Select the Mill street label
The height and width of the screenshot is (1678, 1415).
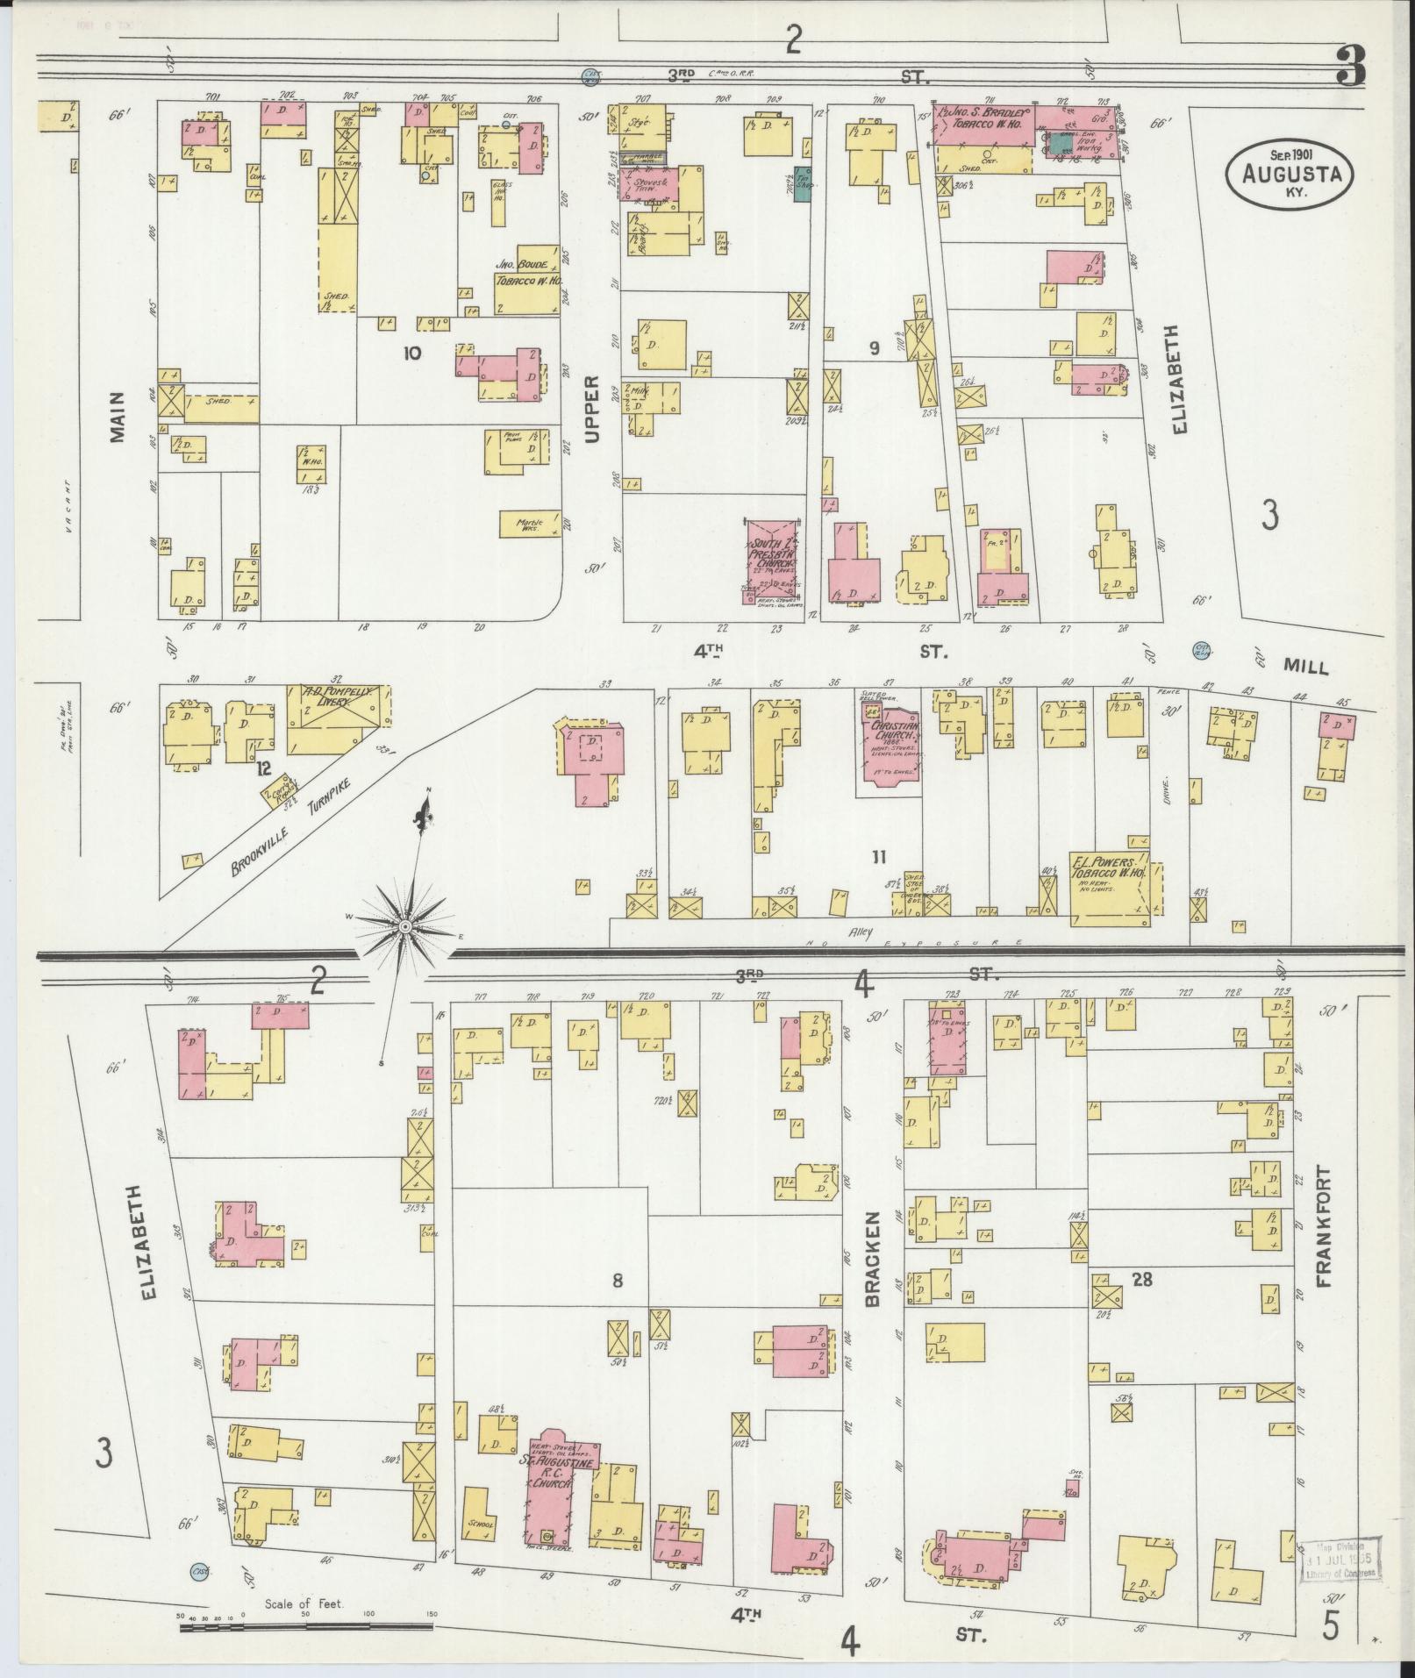tap(1305, 667)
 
